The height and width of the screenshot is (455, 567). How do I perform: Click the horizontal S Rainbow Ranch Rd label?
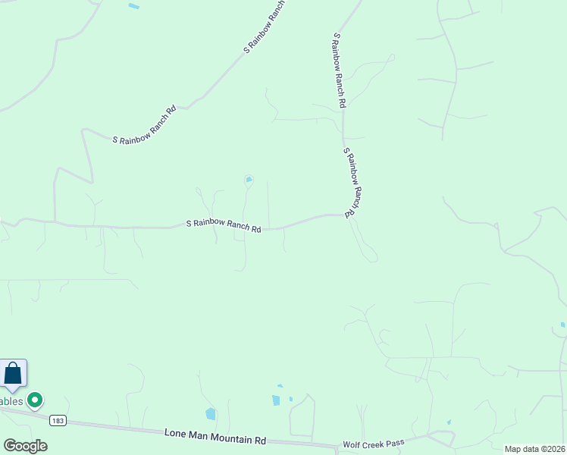point(224,225)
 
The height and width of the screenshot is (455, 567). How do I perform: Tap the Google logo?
point(25,446)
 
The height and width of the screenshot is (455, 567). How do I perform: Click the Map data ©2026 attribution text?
point(534,449)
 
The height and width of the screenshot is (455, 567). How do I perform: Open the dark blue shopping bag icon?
point(13,373)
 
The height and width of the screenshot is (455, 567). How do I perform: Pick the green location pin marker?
point(34,399)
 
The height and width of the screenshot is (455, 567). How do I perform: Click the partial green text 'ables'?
point(11,400)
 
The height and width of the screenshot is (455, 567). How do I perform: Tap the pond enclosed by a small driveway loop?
point(248,180)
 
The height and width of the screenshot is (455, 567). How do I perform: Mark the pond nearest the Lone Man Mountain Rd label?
point(210,414)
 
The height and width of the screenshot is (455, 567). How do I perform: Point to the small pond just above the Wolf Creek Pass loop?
point(449,422)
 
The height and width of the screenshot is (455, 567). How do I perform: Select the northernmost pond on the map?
point(134,6)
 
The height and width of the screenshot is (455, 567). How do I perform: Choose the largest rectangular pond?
point(276,400)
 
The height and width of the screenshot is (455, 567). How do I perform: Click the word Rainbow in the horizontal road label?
point(208,224)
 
